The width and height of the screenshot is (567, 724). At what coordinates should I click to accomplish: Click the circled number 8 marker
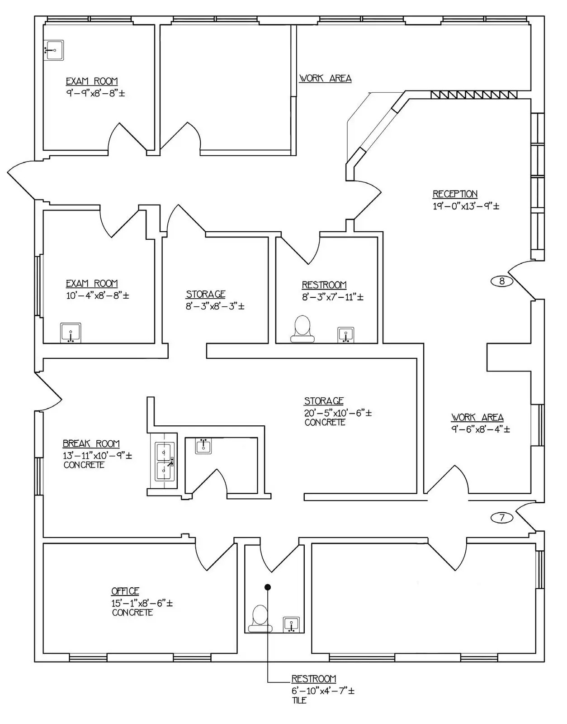(x=501, y=281)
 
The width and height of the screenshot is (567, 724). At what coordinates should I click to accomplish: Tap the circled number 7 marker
(x=501, y=517)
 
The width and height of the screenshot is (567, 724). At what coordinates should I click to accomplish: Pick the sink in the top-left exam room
(x=54, y=50)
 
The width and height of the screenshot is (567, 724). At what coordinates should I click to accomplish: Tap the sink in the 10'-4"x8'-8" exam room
(x=71, y=333)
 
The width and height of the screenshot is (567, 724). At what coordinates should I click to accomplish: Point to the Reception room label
(x=455, y=194)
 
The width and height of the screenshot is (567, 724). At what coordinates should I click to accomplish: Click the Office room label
(x=125, y=591)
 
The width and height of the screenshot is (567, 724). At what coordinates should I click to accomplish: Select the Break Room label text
(x=91, y=444)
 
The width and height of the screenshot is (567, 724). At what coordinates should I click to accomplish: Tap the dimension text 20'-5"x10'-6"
(x=338, y=413)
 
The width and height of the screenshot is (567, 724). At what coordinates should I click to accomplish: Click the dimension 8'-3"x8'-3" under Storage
(x=215, y=306)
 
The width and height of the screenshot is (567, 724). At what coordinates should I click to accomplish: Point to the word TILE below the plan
(x=299, y=700)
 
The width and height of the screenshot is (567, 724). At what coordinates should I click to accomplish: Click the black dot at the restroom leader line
(x=268, y=587)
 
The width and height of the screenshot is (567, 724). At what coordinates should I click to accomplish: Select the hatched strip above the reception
(x=474, y=95)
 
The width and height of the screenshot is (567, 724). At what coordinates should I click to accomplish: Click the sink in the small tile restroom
(x=291, y=624)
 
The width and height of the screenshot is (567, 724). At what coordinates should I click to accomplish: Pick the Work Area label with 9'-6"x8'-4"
(x=477, y=417)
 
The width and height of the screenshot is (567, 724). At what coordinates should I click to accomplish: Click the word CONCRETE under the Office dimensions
(x=132, y=613)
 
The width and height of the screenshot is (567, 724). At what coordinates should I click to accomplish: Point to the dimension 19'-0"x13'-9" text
(x=466, y=206)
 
